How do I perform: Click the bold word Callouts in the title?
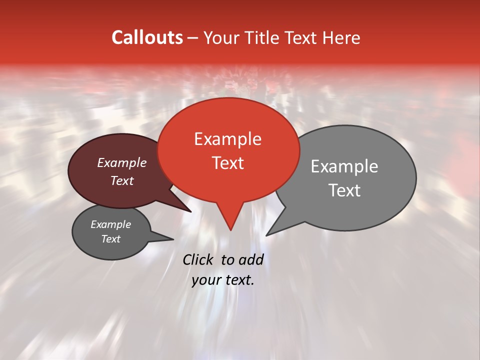(x=147, y=37)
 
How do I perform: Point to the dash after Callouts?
(x=193, y=38)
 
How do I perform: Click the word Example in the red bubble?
(x=227, y=139)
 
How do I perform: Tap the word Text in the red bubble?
(x=227, y=163)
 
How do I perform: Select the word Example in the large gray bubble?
(x=344, y=166)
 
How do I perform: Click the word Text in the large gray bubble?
(x=344, y=190)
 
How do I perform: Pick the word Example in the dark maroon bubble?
(x=121, y=162)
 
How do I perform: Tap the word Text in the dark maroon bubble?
(x=121, y=180)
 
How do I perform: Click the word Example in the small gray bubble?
(x=110, y=224)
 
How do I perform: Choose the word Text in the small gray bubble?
(x=110, y=239)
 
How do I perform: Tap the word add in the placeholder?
(x=251, y=259)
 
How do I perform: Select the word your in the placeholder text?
(x=206, y=280)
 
